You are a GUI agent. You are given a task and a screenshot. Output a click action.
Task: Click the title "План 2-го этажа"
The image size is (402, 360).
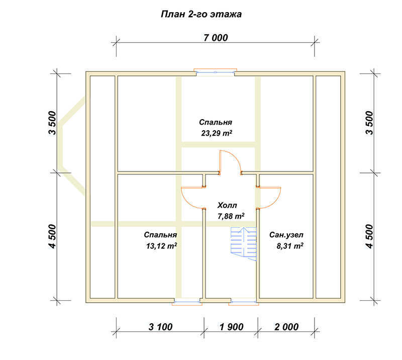tap(202, 15)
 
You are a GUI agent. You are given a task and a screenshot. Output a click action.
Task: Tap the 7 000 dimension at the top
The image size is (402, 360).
tap(216, 38)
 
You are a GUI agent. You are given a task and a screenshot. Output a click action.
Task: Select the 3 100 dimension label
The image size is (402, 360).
tap(160, 327)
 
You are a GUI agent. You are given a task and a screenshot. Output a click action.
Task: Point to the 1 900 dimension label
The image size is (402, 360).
tap(232, 327)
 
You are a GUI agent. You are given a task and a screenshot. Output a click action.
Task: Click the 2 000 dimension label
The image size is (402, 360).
tap(286, 327)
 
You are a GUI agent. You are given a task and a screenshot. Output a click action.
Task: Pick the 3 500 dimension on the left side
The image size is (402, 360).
tap(52, 123)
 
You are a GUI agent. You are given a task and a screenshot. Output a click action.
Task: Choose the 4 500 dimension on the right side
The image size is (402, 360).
tap(369, 236)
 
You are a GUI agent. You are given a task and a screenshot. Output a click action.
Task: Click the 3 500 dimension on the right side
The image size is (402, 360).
tap(369, 123)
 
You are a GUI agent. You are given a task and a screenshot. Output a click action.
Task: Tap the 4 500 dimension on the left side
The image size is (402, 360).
tap(52, 236)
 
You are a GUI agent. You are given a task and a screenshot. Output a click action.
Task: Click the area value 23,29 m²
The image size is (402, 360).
tap(217, 133)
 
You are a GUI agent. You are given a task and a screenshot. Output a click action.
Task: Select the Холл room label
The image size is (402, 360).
tap(227, 205)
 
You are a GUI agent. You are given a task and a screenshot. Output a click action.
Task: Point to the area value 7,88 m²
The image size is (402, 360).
tap(231, 216)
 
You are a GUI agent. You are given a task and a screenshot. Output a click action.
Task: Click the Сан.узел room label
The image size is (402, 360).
tap(286, 235)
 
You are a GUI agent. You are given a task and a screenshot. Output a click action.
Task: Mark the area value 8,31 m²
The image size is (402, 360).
tap(290, 246)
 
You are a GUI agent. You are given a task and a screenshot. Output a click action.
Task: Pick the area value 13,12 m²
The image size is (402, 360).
tap(161, 246)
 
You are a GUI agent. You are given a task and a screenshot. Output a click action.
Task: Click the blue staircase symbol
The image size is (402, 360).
tap(244, 244)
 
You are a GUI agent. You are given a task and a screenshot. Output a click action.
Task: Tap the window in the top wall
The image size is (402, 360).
tap(216, 72)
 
